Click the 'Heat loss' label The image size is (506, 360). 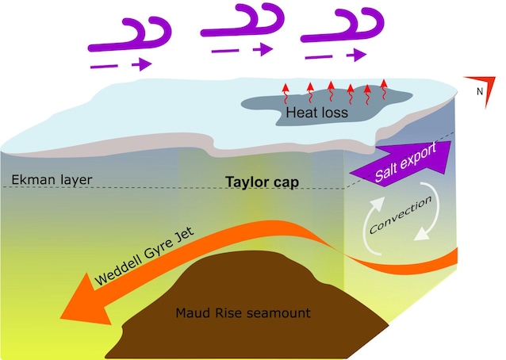317,113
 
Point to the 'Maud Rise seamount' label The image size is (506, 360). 242,312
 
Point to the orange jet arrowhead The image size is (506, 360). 83,305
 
